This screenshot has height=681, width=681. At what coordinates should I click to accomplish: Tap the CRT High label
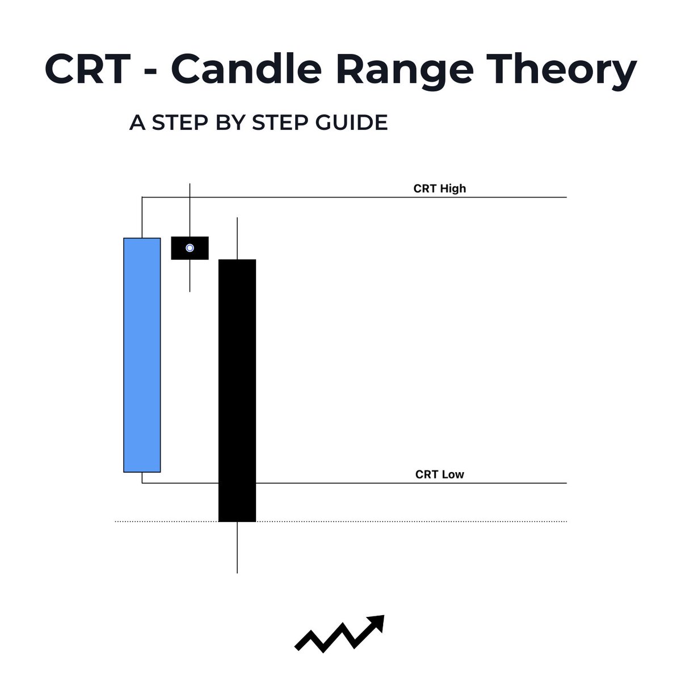click(x=440, y=188)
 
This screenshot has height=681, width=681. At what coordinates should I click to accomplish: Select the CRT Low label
click(x=440, y=474)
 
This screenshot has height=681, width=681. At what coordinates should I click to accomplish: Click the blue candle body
click(x=142, y=355)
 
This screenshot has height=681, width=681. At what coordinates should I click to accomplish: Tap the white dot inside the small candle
click(x=190, y=248)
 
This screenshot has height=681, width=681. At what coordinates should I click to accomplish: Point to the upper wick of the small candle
click(x=190, y=210)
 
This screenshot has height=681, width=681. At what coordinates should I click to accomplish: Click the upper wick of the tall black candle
click(x=237, y=238)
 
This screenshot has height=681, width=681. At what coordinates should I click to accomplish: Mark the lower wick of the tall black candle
click(x=237, y=548)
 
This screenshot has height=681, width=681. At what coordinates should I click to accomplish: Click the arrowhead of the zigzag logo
click(x=378, y=622)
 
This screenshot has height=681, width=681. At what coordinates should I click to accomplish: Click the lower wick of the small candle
click(x=190, y=276)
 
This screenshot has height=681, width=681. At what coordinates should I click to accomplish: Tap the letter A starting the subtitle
click(x=137, y=123)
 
